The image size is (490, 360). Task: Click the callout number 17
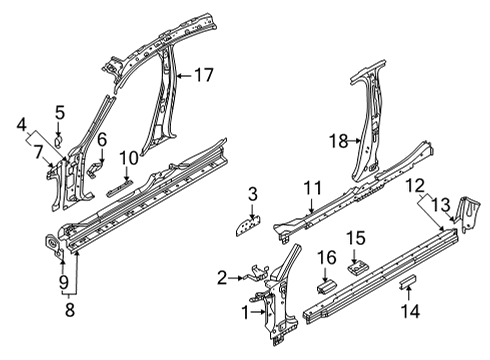[x=203, y=75]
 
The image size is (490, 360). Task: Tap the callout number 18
[x=339, y=141]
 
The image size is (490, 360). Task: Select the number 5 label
[x=60, y=112]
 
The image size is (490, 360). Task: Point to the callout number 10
[x=129, y=157]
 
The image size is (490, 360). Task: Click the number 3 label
[x=253, y=194]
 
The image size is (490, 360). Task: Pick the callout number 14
[x=410, y=311]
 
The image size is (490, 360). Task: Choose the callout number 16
[x=326, y=258]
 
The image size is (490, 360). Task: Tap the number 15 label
[x=355, y=238]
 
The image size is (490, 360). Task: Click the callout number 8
[x=70, y=310]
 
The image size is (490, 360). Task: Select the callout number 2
[x=222, y=277]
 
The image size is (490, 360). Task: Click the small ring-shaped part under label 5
[x=58, y=141]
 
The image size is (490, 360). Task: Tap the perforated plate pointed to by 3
[x=248, y=226]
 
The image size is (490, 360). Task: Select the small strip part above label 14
[x=408, y=282]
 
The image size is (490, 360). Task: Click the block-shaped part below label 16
[x=326, y=287]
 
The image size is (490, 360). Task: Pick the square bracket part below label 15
[x=357, y=268]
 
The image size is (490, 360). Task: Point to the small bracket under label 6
[x=96, y=169]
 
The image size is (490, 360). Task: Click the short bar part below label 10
[x=119, y=188]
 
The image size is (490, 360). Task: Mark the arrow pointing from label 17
[x=184, y=76]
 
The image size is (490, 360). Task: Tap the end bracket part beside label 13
[x=470, y=213]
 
